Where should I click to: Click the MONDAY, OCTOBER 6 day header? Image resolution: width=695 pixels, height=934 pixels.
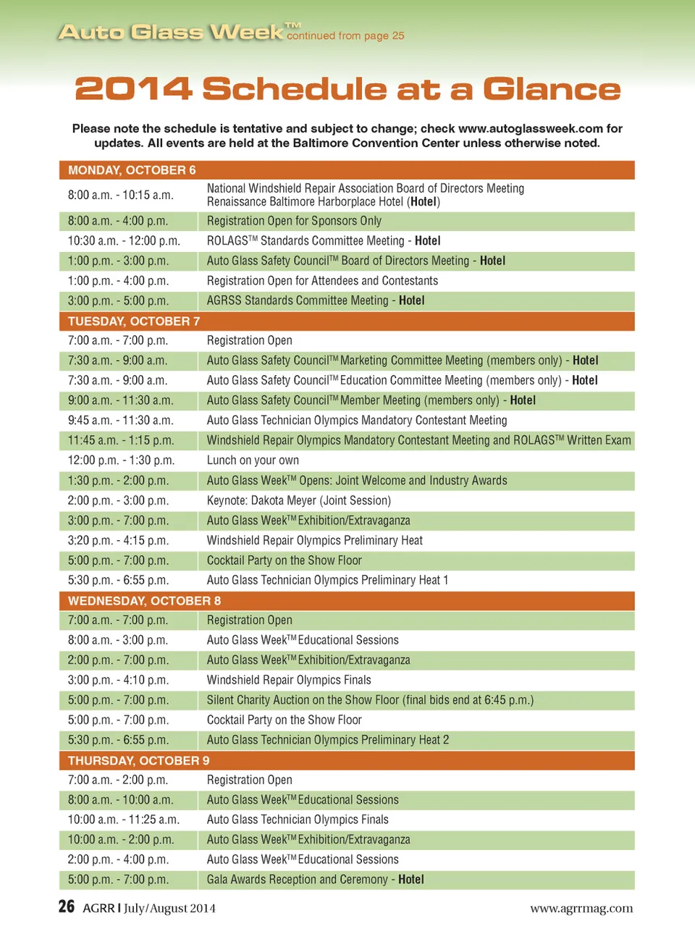132,170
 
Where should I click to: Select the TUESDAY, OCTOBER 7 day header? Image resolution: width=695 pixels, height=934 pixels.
134,321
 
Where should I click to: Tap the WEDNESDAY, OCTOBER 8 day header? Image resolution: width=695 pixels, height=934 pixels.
144,601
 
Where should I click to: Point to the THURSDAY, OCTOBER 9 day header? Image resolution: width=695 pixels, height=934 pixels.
138,760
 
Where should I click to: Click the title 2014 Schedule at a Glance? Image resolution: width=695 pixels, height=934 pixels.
347,89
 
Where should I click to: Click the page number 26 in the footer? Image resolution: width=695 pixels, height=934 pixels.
66,906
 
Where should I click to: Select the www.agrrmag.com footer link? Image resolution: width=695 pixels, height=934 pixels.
581,908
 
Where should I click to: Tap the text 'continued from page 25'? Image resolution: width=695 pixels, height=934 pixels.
345,35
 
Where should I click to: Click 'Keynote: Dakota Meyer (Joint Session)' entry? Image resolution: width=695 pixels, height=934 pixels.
298,500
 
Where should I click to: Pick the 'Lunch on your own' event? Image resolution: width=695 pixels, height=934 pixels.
253,460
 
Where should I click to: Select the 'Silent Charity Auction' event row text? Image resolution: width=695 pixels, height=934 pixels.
370,700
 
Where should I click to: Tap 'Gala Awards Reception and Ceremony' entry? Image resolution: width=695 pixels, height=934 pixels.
315,880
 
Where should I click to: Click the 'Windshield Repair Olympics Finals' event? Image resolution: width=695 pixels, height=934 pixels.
289,680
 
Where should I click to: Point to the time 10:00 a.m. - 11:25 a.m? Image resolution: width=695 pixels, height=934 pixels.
123,820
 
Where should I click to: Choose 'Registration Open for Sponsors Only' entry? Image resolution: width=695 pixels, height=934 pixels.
294,221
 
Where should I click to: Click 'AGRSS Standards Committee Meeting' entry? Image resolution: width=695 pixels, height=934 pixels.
316,300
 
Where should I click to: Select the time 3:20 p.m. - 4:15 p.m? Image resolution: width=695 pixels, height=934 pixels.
118,540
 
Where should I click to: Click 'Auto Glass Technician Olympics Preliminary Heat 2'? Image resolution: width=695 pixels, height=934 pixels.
327,740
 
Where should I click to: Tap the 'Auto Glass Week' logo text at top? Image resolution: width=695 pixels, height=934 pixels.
171,33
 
